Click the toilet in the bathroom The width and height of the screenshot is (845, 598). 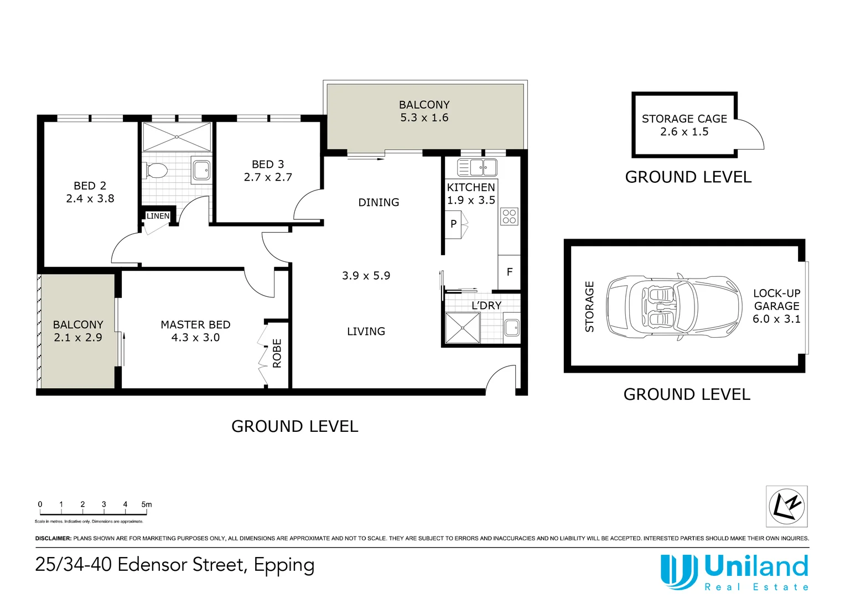(157, 171)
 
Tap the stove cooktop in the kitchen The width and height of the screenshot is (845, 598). (509, 216)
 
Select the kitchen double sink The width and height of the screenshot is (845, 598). (477, 167)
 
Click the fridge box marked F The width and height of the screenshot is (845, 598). (509, 272)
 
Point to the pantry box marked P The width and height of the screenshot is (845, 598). (453, 224)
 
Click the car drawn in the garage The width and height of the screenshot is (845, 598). (675, 306)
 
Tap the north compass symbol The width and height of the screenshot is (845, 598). (786, 506)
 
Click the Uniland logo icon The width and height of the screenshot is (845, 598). (678, 570)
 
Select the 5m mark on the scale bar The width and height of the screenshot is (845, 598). (146, 504)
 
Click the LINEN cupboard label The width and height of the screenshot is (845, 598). (158, 216)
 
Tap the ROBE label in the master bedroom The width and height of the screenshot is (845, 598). (277, 353)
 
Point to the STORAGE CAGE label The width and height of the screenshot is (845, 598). (684, 118)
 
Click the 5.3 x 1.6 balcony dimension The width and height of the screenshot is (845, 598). (424, 117)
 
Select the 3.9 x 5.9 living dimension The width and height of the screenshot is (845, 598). (366, 276)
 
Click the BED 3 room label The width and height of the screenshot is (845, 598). (268, 164)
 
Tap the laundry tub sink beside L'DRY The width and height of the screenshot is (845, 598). (511, 327)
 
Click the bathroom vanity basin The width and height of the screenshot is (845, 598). (201, 170)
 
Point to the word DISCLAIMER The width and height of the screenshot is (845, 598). (53, 538)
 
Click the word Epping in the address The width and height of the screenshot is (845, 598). (284, 565)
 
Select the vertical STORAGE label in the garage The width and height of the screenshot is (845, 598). (589, 306)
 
